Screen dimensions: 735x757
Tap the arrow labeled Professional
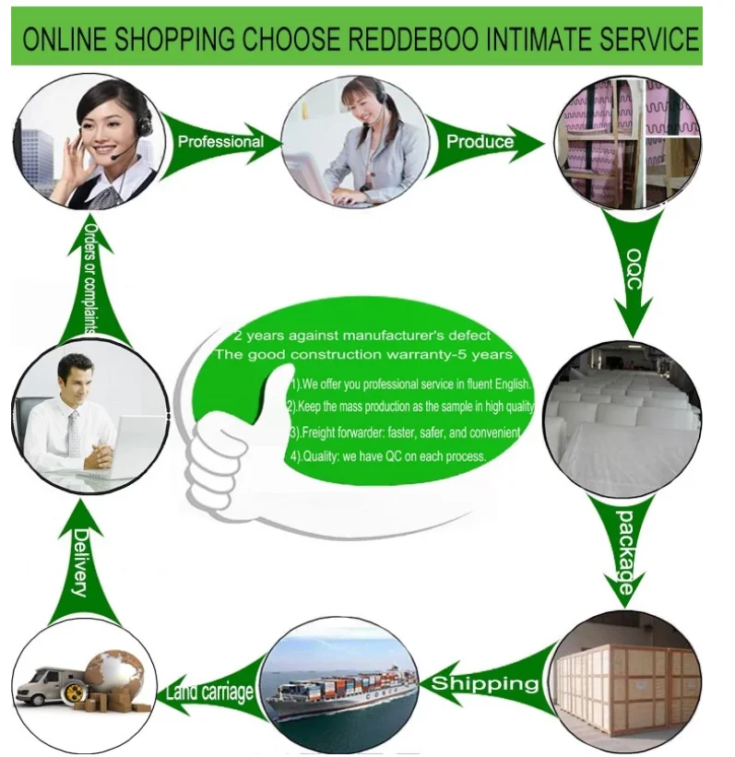(x=219, y=141)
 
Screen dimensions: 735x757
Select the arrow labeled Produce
(x=484, y=141)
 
